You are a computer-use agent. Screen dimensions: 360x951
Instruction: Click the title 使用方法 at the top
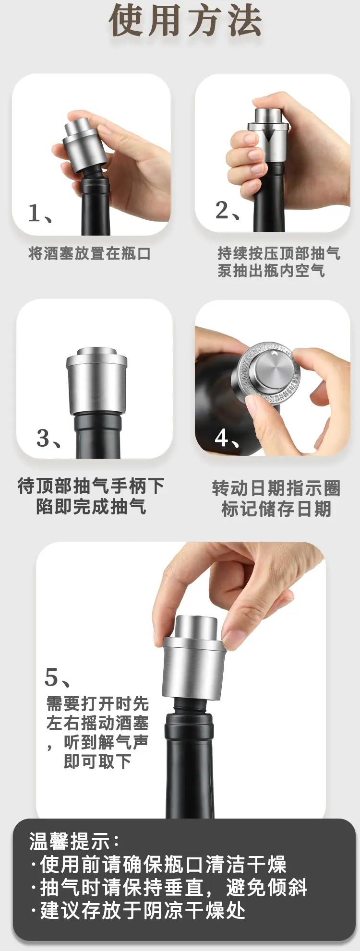pyautogui.click(x=185, y=21)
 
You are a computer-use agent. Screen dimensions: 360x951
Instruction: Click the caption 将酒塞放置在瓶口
pyautogui.click(x=90, y=253)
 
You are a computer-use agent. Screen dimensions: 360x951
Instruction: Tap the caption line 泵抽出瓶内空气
pyautogui.click(x=271, y=271)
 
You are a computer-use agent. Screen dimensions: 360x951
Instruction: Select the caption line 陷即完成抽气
pyautogui.click(x=91, y=507)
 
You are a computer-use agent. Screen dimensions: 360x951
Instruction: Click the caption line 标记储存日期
pyautogui.click(x=276, y=509)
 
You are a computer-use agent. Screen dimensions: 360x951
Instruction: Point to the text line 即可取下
pyautogui.click(x=97, y=761)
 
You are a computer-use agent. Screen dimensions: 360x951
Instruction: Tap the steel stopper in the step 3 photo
pyautogui.click(x=97, y=381)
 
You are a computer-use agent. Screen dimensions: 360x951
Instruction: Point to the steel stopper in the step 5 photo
pyautogui.click(x=194, y=657)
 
